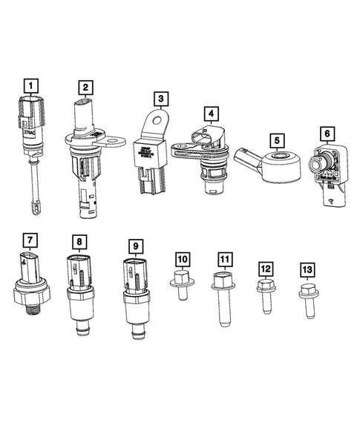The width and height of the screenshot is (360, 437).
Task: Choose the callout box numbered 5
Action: click(x=276, y=139)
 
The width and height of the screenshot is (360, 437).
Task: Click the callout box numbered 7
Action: click(x=29, y=240)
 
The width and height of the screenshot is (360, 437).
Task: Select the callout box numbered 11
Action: click(x=225, y=259)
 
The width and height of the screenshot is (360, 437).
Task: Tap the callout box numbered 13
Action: click(x=307, y=269)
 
